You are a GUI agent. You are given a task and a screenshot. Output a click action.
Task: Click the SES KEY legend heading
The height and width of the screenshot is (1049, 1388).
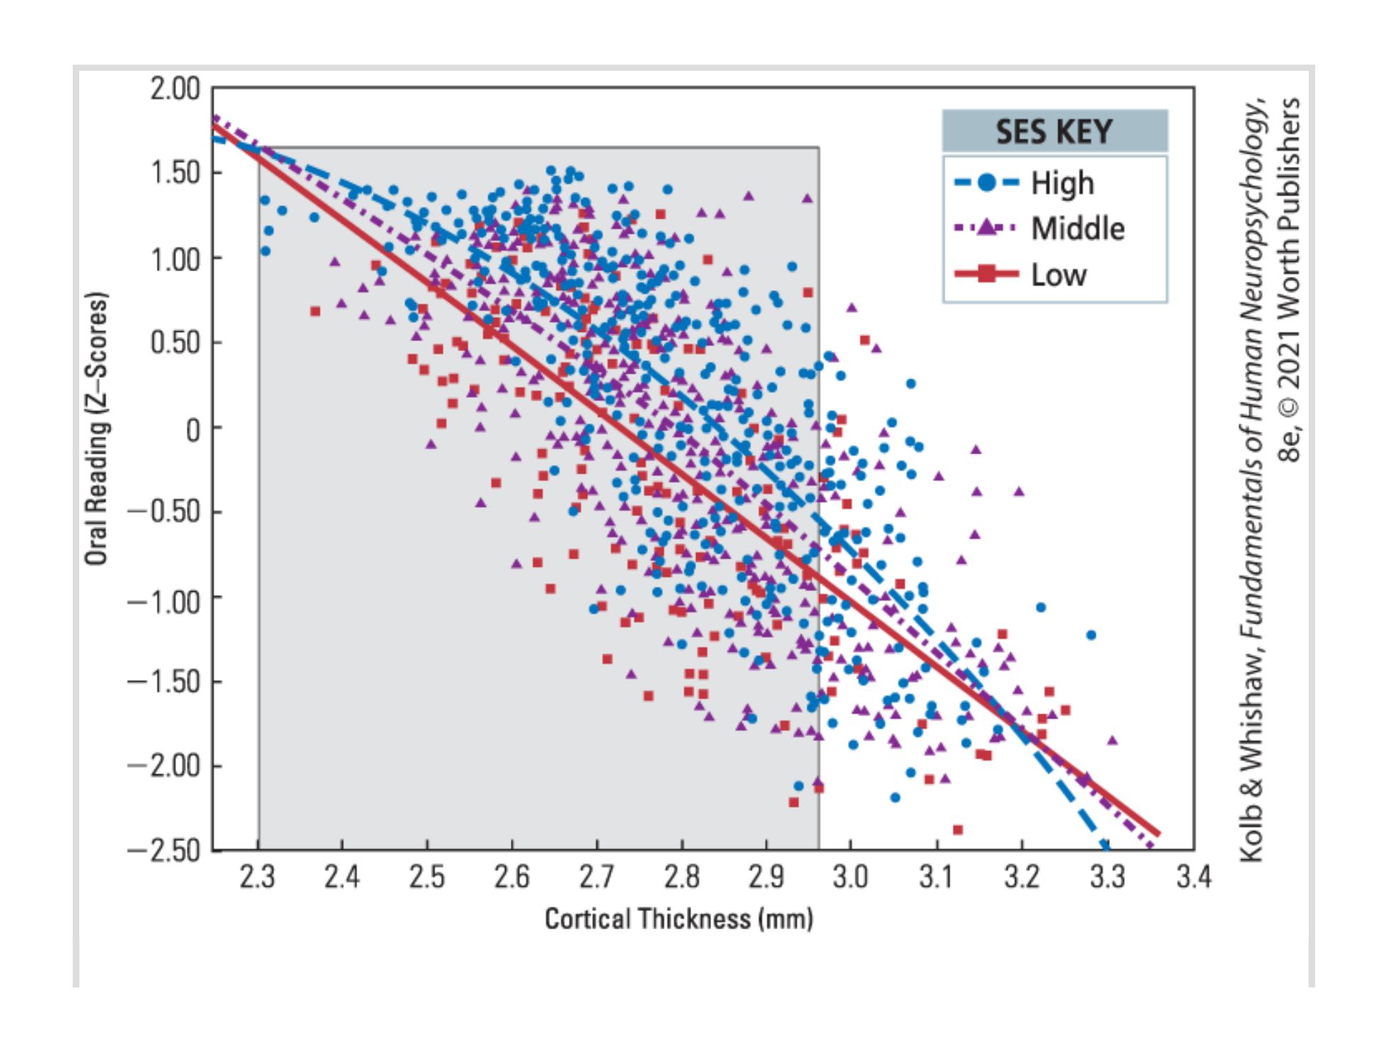coord(1053,132)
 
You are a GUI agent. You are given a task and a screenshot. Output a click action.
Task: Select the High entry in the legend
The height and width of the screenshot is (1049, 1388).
coord(1062,183)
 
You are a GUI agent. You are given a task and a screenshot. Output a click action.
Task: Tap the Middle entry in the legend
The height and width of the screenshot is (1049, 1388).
coord(1077,229)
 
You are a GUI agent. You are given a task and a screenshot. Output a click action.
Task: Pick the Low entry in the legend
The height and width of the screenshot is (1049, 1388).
coord(1058,275)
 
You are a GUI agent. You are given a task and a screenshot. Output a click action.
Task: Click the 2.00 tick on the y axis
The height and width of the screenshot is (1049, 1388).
coord(174,90)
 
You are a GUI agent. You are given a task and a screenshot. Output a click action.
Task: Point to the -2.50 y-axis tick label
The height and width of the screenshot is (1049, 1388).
coord(164,849)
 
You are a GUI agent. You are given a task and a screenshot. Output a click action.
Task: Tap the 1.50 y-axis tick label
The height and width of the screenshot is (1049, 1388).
coord(174,173)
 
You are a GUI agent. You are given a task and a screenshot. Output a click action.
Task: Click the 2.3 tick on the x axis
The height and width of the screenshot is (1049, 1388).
coord(257,878)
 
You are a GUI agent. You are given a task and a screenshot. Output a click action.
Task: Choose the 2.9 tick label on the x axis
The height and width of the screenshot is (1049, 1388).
coord(766,878)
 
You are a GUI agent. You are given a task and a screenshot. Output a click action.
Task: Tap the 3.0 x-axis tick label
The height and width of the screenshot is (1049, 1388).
coord(850,878)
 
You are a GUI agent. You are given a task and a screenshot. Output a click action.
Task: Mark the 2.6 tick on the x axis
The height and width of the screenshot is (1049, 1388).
coord(511,878)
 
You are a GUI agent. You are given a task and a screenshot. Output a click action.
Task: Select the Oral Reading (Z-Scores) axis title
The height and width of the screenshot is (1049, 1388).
coord(96,429)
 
